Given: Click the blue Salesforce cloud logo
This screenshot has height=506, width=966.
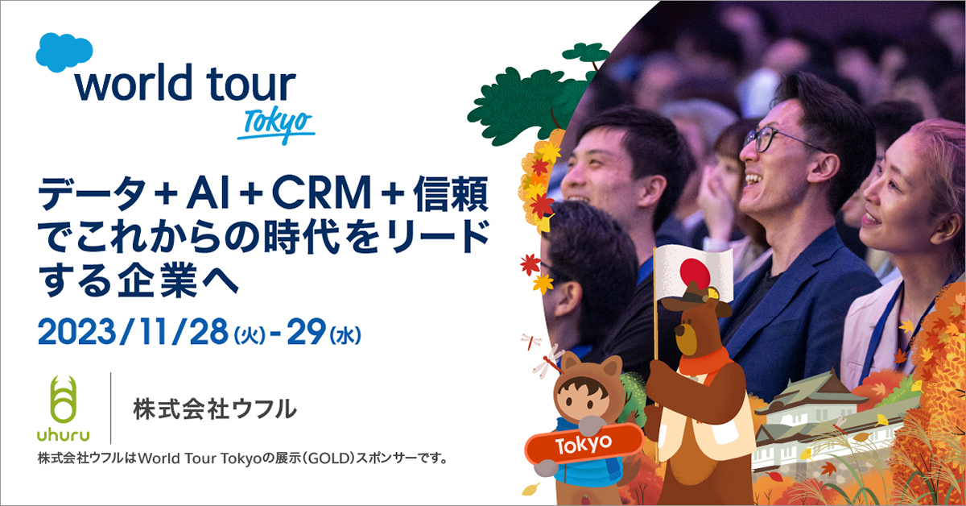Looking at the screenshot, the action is [x=64, y=52].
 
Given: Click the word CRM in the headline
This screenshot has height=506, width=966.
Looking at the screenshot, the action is [x=321, y=193].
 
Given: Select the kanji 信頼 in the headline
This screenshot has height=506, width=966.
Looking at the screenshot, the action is [x=450, y=193].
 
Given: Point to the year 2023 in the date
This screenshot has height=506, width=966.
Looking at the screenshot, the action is [x=76, y=332].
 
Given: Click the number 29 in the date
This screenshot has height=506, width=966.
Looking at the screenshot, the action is [x=307, y=332].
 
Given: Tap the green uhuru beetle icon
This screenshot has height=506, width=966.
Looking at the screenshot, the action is [x=64, y=399].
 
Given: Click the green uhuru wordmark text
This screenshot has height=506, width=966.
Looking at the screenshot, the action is [x=64, y=435].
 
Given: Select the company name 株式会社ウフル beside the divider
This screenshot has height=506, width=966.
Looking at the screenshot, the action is [x=215, y=409].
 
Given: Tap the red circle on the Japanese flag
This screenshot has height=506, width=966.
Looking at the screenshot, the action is [x=694, y=273].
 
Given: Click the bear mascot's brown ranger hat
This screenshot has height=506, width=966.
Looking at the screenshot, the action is [x=696, y=298].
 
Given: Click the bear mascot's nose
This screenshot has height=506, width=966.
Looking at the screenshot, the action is [x=679, y=330].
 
